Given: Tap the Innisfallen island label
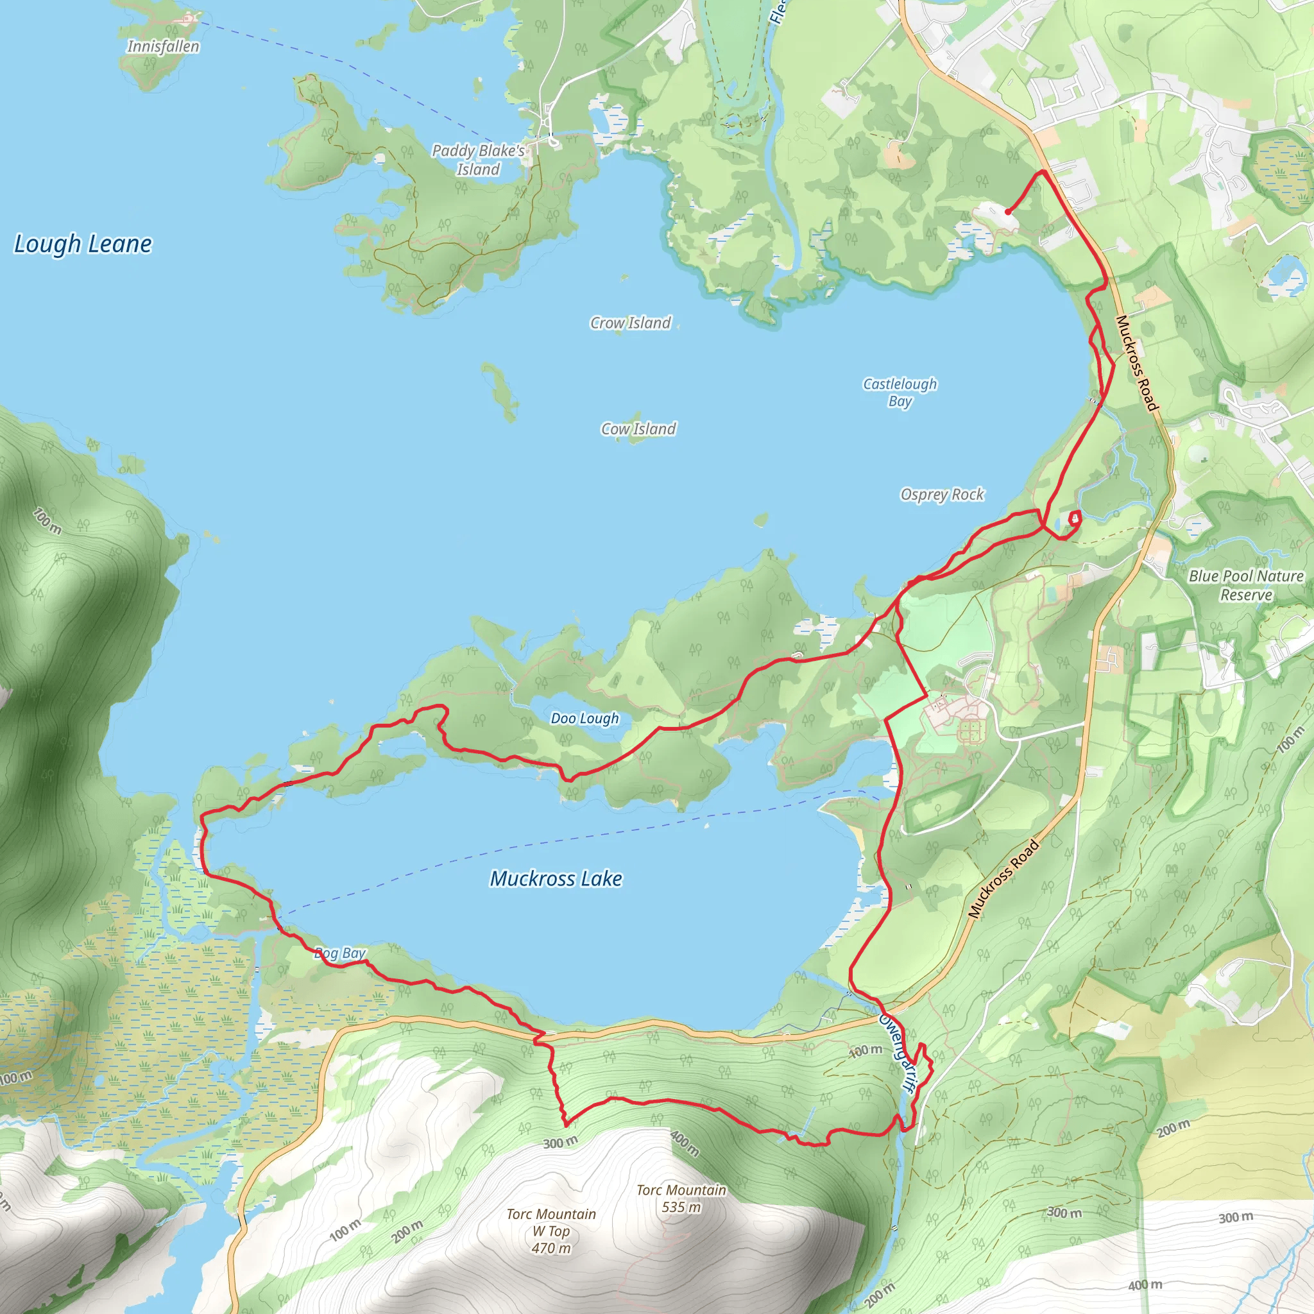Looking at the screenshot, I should [163, 46].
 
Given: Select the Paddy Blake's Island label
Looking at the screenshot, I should [478, 160].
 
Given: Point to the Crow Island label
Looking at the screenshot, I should [631, 323].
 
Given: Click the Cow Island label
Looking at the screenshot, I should [638, 429].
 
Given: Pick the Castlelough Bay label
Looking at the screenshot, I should [900, 393].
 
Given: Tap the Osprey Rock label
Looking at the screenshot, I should [942, 495].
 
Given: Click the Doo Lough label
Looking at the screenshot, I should [585, 718].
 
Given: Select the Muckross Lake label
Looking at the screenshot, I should [556, 879].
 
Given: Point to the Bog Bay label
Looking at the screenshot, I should [340, 953].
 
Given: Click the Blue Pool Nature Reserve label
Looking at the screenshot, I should [1246, 585].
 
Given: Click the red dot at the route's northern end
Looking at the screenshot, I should [1007, 212].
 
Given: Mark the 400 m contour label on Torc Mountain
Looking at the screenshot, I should [684, 1143].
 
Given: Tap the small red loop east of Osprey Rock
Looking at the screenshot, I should [1075, 519].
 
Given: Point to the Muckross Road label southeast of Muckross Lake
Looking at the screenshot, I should [1003, 879].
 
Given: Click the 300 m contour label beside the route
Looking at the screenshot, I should [560, 1143].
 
